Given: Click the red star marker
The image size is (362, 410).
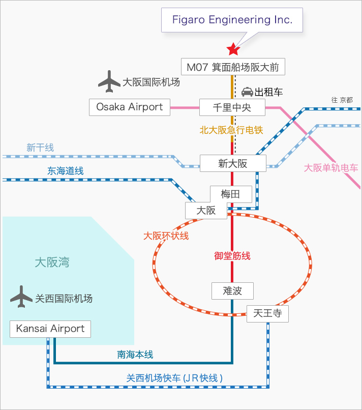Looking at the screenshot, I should coord(233,49).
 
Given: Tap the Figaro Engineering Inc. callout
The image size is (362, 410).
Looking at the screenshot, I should coord(232,20).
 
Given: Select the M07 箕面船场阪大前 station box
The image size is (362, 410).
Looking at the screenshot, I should coord(232,67).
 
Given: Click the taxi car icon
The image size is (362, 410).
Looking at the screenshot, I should coord(247,92).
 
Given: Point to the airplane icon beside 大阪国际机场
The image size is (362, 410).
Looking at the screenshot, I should coord(109,81).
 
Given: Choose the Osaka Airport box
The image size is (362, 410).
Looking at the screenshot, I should coord(129,107).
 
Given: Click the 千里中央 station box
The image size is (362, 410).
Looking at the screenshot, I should coord(232,107).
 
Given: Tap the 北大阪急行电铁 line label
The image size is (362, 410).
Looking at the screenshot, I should coord(231,130).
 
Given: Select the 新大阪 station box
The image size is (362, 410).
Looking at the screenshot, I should coord(232,163).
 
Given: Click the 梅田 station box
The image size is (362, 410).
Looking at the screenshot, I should coord(230,194).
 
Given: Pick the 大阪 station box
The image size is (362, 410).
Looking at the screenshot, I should coord(206,210).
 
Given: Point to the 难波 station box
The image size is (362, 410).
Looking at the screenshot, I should coord(232,290).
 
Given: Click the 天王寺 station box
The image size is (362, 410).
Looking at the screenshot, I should coord(267,313).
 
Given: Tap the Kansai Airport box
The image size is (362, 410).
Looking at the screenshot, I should coord(50,329).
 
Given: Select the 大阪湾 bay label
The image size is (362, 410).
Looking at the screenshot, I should coord(52,262).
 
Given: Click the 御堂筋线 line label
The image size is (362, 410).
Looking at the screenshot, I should coord(232,256).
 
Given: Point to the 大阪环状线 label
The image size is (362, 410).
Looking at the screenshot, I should coord(166,236).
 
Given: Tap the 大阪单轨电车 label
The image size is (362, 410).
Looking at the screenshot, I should coord(331,167).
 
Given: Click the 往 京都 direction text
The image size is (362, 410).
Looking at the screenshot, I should coord(342,100).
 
